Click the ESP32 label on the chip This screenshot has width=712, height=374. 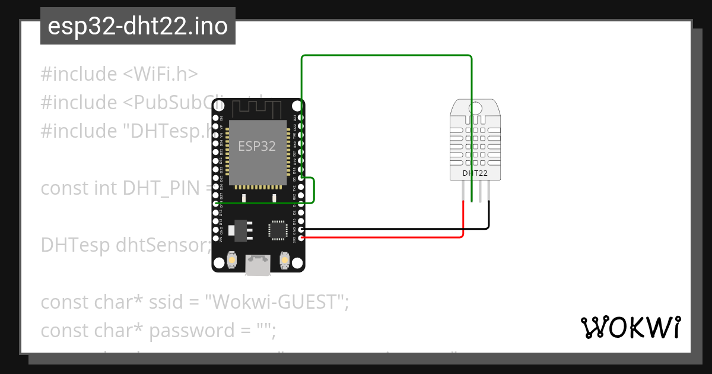[x=257, y=146]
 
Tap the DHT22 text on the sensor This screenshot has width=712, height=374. [x=475, y=173]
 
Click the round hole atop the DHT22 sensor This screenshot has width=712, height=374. [x=475, y=108]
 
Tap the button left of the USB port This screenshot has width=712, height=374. [x=232, y=259]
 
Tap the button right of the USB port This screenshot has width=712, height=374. [x=285, y=259]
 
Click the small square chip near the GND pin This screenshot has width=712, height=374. [x=278, y=230]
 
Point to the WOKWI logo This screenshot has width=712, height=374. [x=630, y=328]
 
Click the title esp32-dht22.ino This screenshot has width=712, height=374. [x=138, y=27]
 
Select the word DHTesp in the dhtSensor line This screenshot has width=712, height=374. [x=75, y=245]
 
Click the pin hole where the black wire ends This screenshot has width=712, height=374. [x=301, y=229]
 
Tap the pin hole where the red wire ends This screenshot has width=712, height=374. [x=301, y=238]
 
